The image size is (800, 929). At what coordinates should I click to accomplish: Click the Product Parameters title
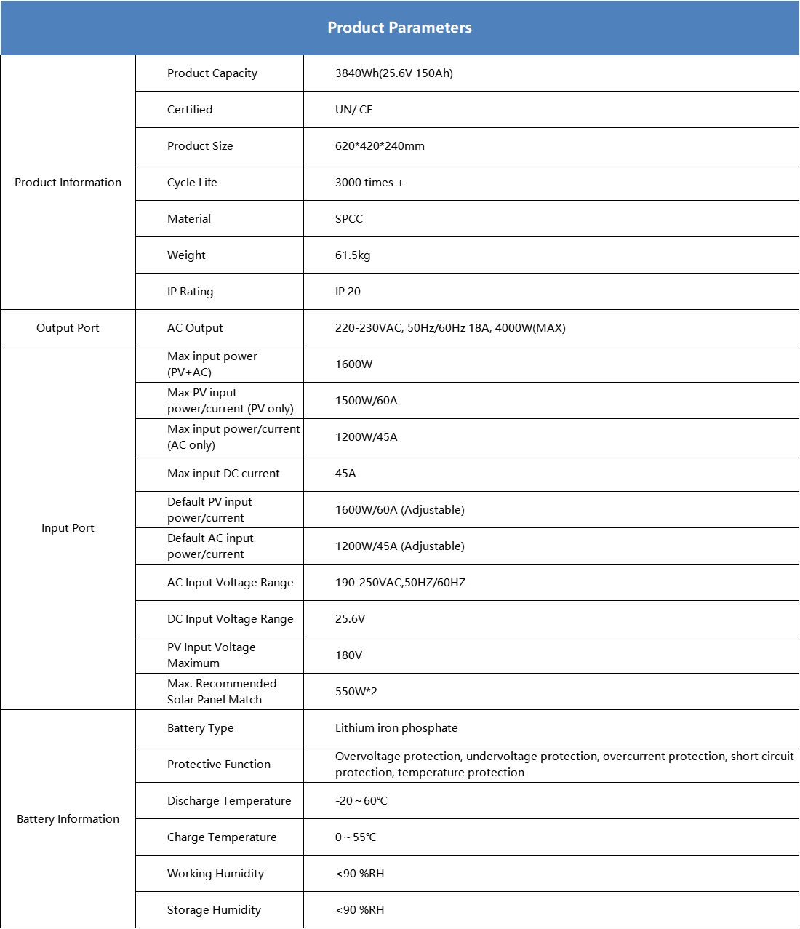tap(399, 28)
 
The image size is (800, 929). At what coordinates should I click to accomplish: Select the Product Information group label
tap(68, 183)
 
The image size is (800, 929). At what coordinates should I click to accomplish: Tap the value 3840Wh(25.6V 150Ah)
tap(393, 73)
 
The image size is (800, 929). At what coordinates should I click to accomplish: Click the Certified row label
tap(190, 110)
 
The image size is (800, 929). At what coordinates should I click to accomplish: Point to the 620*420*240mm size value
tap(380, 146)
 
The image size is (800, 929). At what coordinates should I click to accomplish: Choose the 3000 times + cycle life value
tap(369, 183)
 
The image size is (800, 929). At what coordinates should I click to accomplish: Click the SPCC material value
tap(348, 219)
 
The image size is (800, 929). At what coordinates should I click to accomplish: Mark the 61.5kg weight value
tap(353, 255)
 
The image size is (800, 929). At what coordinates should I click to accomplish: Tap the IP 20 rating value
tap(348, 292)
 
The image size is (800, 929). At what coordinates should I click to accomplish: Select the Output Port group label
tap(68, 328)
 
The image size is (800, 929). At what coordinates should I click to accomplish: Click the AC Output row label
tap(195, 328)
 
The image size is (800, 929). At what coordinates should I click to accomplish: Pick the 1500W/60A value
tap(366, 401)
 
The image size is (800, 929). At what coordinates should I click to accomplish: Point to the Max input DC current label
tap(223, 474)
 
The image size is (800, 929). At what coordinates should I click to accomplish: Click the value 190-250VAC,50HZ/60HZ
tap(400, 583)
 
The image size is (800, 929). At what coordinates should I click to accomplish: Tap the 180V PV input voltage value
tap(348, 655)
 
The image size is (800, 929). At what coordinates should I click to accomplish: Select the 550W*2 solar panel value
tap(356, 692)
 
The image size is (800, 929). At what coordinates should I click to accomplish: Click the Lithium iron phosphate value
tap(396, 728)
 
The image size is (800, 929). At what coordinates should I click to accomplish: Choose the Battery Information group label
tap(68, 819)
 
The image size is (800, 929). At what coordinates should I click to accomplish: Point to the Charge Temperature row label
tap(222, 837)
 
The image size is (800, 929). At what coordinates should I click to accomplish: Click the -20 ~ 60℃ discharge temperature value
tap(361, 801)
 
